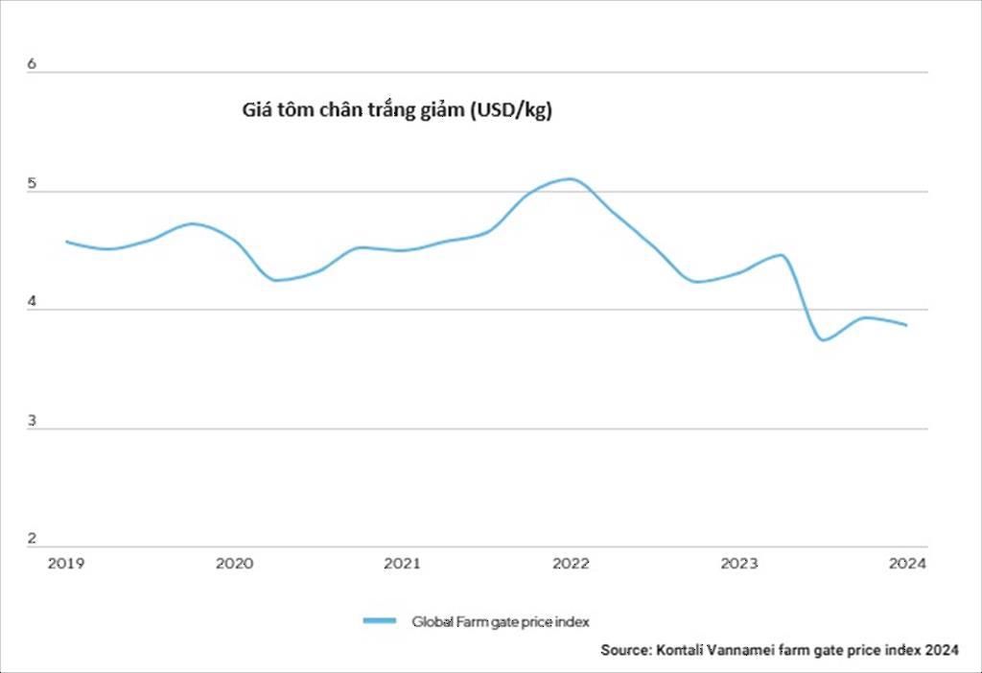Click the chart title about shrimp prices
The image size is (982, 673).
click(x=397, y=110)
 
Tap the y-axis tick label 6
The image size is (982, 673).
click(x=32, y=64)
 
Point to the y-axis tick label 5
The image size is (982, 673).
click(x=32, y=183)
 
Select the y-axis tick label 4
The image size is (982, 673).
click(x=32, y=301)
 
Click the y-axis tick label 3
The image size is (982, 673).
click(x=32, y=421)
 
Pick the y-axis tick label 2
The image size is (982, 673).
click(x=32, y=538)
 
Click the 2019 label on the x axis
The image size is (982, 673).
click(x=66, y=564)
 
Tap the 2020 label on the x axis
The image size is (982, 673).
click(x=234, y=564)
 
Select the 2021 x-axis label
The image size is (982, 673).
click(x=402, y=564)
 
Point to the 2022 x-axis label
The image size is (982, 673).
click(x=571, y=564)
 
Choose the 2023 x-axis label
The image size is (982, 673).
click(x=739, y=564)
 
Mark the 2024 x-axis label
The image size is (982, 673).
click(x=907, y=564)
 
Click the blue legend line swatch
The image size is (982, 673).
click(x=380, y=620)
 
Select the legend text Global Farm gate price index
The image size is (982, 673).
click(x=501, y=621)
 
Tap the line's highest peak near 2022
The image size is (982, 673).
click(x=570, y=179)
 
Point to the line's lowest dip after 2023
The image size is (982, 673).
click(x=824, y=340)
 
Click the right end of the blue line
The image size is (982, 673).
click(x=906, y=325)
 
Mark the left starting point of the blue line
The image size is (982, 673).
click(x=66, y=242)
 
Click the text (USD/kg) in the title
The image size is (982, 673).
click(x=511, y=110)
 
